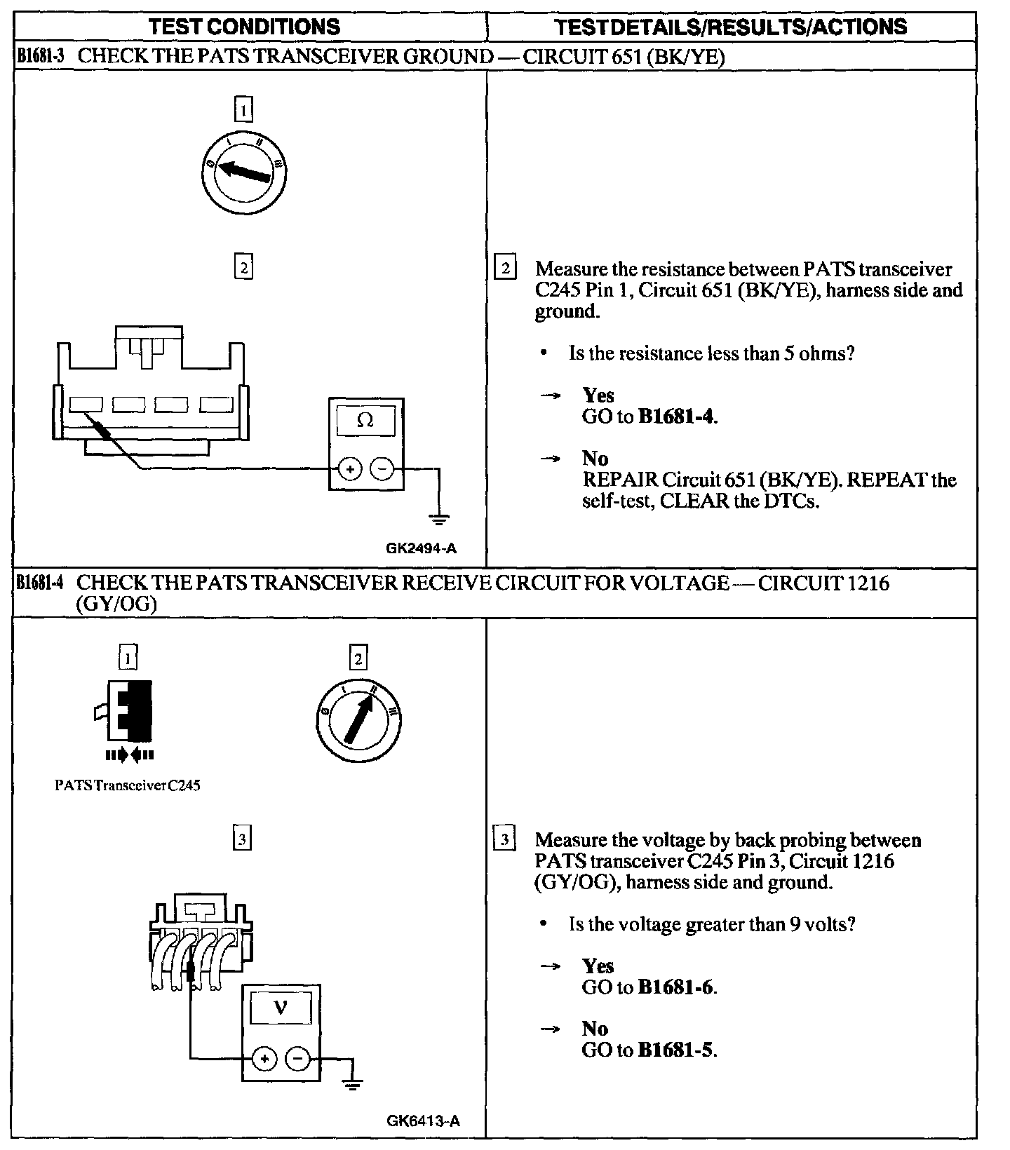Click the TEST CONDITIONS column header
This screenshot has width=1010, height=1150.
(245, 27)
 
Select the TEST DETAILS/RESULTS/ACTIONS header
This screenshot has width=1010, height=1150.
(730, 27)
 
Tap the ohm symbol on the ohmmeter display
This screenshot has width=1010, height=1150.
(365, 420)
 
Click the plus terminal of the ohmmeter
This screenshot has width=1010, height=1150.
(350, 468)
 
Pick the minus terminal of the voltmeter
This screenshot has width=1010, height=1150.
(297, 1059)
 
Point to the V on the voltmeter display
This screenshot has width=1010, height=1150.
(281, 1008)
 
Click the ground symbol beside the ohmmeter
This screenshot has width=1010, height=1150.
(440, 520)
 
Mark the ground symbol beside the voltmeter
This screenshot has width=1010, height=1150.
(352, 1085)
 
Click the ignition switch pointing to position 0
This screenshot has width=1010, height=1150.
(243, 171)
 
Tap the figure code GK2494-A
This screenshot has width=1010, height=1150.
(421, 548)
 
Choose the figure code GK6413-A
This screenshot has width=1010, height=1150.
(423, 1121)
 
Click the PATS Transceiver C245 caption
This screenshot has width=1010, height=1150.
(127, 785)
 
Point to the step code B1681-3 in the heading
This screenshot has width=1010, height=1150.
(40, 56)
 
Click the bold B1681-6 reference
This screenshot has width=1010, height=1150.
(675, 987)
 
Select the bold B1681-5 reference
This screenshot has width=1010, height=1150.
(675, 1050)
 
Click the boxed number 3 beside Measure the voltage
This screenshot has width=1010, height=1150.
(504, 839)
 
